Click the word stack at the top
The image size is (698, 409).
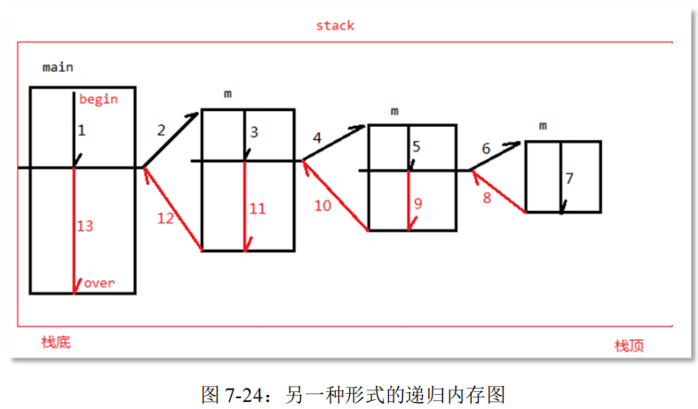pos(335,26)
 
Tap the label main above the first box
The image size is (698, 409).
pos(58,67)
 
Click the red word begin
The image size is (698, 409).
pos(98,99)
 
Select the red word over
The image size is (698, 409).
pos(99,284)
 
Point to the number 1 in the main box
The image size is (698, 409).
pos(82,130)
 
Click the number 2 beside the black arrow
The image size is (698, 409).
pos(161,130)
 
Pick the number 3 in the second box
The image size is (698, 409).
pos(254,132)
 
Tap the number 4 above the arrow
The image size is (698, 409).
pos(317,138)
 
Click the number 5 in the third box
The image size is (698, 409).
pos(416,146)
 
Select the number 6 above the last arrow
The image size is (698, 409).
pos(485,149)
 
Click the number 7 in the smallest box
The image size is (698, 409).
pos(569,178)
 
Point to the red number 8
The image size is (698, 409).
pos(487,198)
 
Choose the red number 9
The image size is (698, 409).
pos(417,203)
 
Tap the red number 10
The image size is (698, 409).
pos(322,206)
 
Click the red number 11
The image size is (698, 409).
pos(258,209)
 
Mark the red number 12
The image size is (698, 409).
pos(166,218)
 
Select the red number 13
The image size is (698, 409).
pos(85,226)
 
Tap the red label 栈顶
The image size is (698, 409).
pos(629,345)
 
